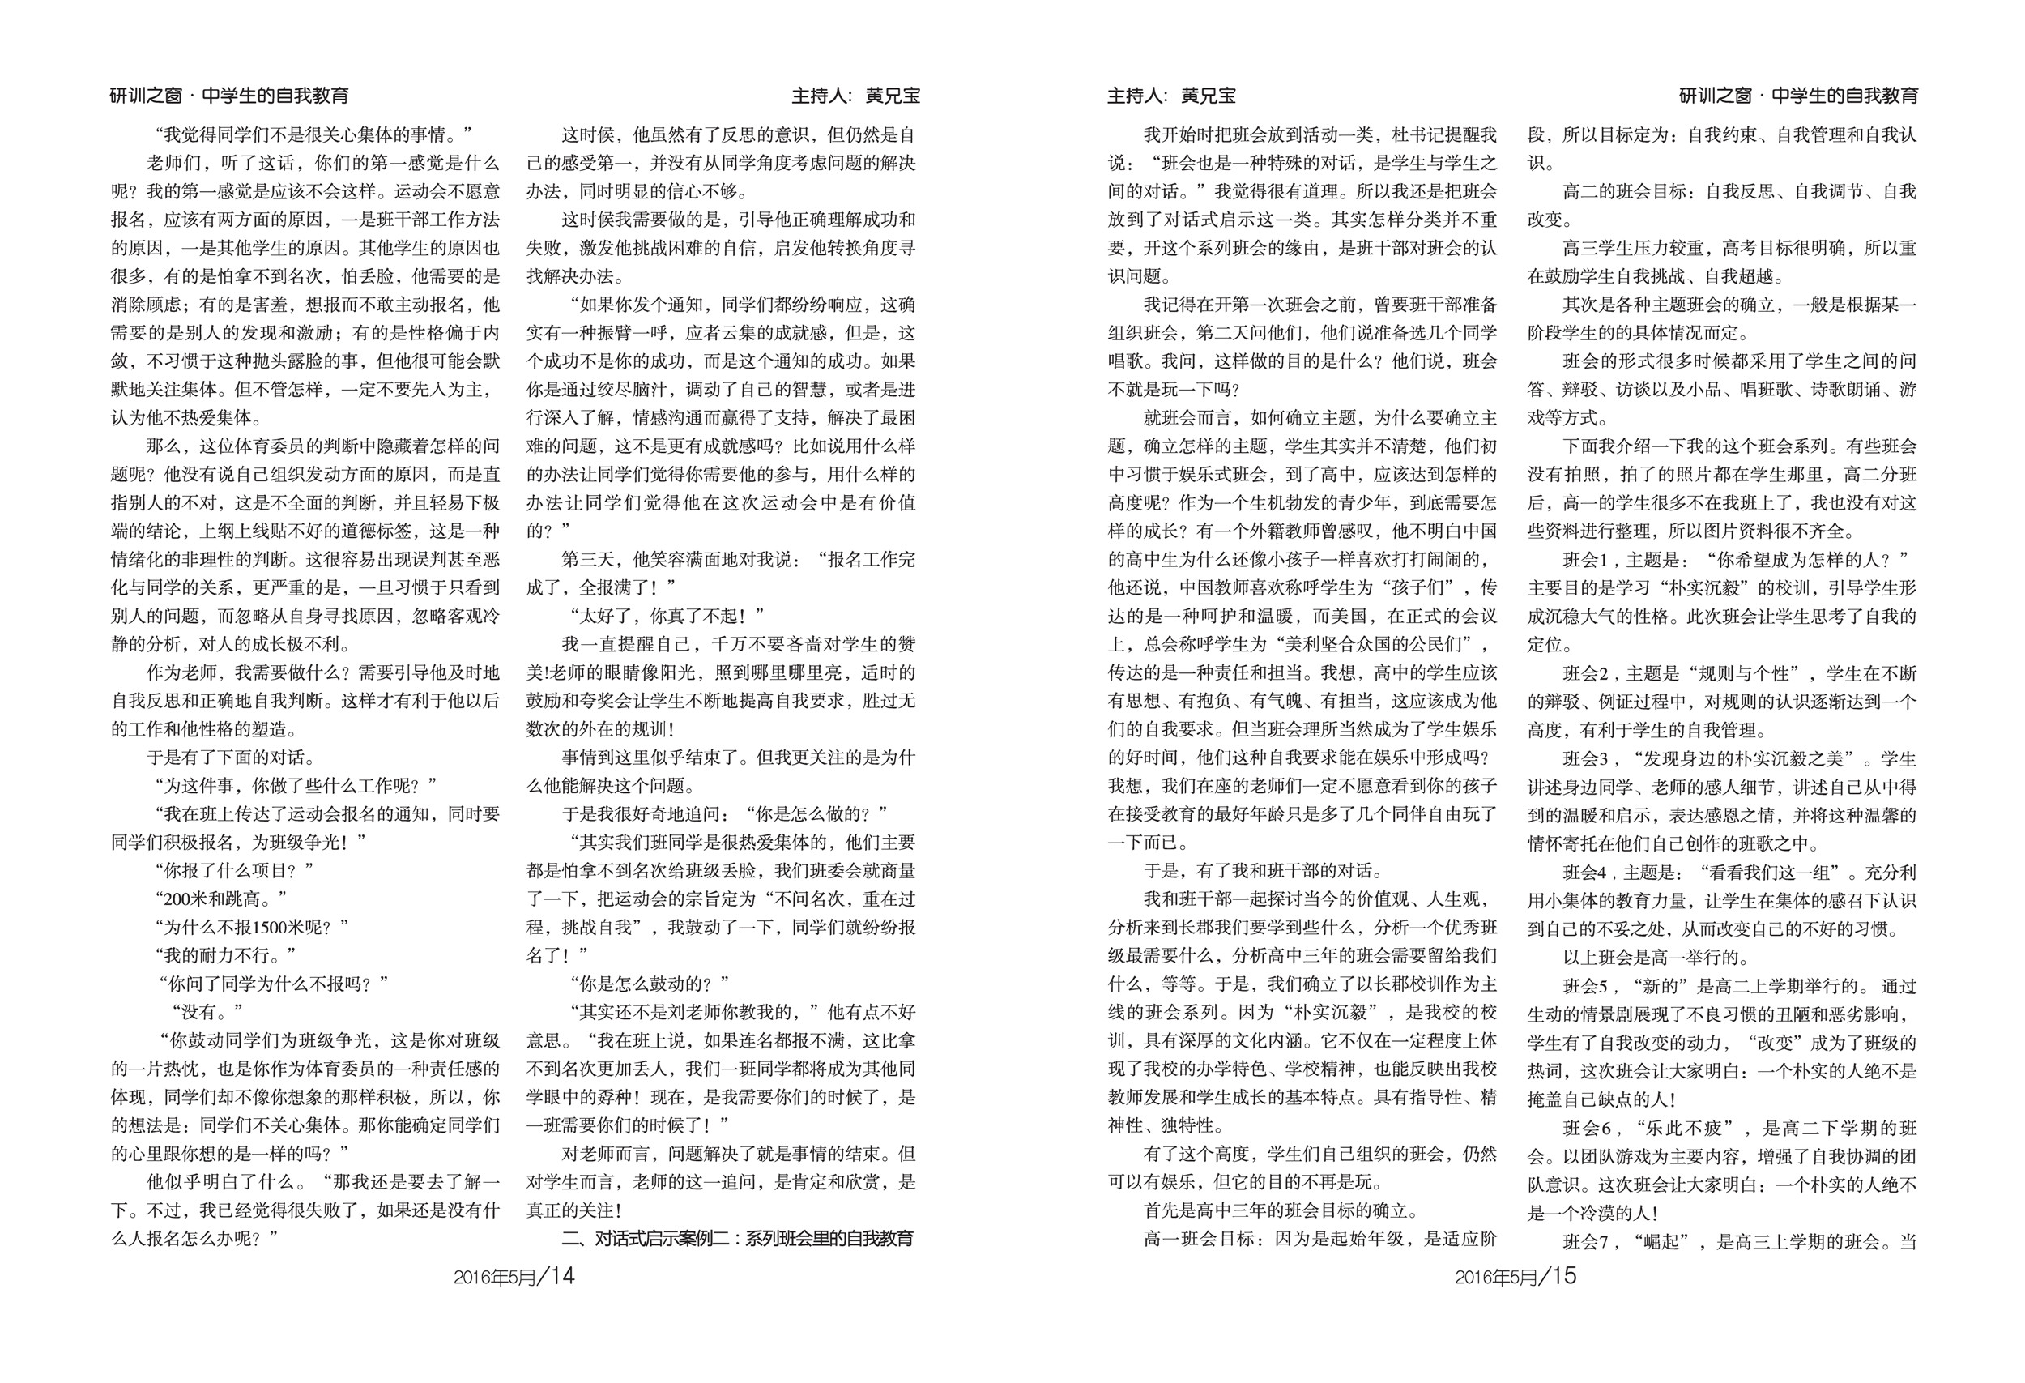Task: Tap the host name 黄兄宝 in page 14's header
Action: point(893,96)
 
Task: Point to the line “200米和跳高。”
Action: point(220,899)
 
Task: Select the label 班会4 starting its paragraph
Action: point(1584,873)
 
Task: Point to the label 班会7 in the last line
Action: point(1585,1241)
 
